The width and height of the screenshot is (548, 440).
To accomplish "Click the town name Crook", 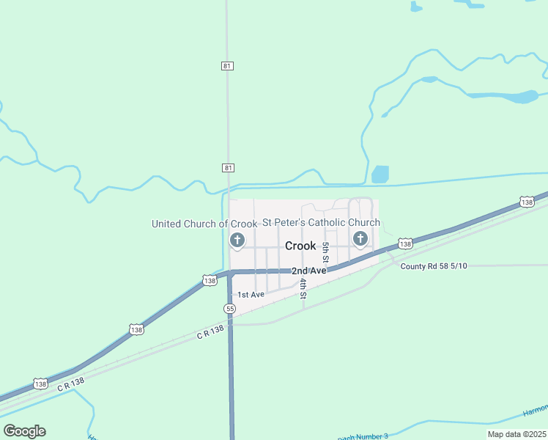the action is point(300,246).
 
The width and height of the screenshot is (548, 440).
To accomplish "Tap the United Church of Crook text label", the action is point(204,224).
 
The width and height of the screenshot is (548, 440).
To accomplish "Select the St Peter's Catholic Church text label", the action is point(322,222).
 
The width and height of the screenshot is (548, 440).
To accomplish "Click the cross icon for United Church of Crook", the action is point(237,240).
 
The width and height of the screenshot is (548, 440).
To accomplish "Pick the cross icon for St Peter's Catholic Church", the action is point(360,238).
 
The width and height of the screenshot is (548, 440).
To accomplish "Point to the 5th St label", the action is point(325,253).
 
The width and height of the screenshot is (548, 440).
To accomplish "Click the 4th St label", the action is point(302,287).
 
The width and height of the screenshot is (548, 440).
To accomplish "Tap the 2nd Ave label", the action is point(308,271).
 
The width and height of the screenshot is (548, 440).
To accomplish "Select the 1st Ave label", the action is point(251,294).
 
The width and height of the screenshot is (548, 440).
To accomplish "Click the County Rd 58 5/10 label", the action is point(434,265).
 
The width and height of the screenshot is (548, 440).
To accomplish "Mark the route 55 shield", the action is point(230,309).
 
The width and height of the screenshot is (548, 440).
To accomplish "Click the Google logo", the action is point(24,431).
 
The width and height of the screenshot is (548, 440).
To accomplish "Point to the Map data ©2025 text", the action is point(516,434).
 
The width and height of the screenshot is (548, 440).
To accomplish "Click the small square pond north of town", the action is point(379,175).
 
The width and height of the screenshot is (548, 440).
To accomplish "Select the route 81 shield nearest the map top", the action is point(227,66).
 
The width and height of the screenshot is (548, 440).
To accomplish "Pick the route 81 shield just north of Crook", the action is point(228,168).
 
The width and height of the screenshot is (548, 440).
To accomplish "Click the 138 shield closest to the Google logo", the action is point(41,384).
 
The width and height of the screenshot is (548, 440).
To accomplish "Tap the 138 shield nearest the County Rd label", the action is point(406,243).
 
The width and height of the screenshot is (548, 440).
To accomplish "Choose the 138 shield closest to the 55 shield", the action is point(210,280).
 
